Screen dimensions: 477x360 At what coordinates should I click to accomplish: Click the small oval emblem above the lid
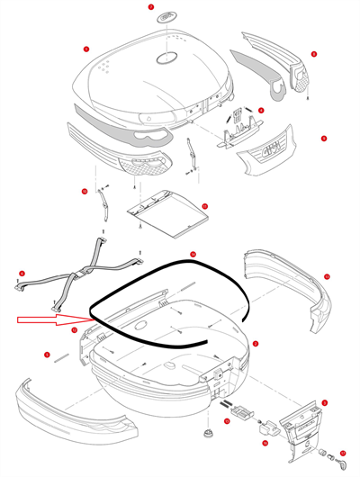[x=166, y=20]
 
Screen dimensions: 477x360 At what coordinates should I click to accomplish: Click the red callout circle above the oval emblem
[x=151, y=6]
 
